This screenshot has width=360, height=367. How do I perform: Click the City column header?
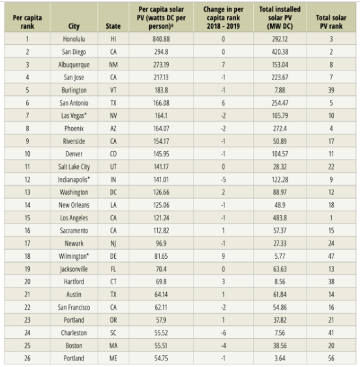[73, 26]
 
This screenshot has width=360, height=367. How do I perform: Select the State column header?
[113, 26]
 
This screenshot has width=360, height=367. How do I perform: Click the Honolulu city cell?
[73, 39]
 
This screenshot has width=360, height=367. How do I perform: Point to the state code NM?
[113, 65]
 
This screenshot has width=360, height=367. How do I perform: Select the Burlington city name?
[73, 89]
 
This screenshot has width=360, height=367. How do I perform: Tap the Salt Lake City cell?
[73, 166]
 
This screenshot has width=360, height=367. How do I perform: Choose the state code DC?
[113, 192]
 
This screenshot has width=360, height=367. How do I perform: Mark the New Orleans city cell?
[73, 205]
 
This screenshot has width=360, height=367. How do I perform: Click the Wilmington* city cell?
[73, 256]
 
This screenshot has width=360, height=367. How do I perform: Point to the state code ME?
[113, 358]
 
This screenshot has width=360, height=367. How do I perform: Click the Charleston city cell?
[73, 332]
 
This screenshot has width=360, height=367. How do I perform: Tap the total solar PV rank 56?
[331, 358]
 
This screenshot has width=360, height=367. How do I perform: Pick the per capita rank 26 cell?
[27, 358]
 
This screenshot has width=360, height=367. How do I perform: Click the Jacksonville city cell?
[73, 269]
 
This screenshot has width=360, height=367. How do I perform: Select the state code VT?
[113, 89]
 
